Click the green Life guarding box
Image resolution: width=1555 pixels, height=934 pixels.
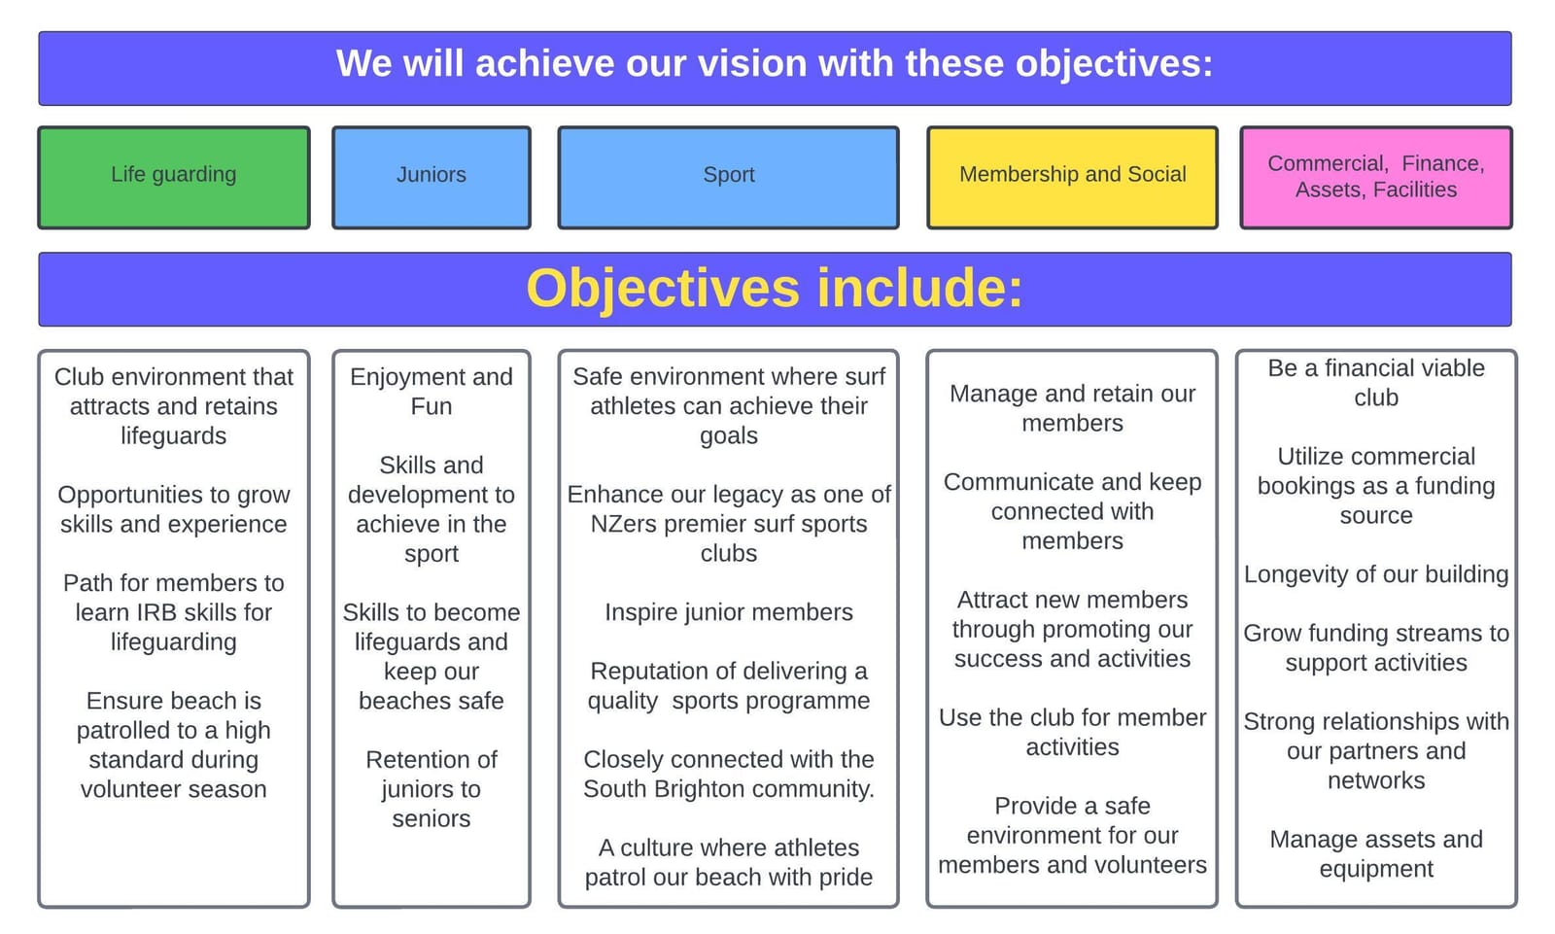click(174, 177)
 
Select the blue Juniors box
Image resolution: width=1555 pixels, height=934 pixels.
click(432, 177)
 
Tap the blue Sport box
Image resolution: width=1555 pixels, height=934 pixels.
click(728, 177)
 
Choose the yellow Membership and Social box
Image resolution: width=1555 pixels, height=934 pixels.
click(1073, 177)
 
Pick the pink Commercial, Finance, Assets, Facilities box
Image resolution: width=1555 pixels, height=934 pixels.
click(1376, 177)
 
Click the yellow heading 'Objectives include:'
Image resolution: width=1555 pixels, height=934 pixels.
click(775, 289)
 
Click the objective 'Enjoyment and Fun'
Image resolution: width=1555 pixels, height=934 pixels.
click(432, 391)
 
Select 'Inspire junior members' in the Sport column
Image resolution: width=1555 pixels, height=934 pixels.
click(728, 612)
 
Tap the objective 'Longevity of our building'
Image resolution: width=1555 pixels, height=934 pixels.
click(1376, 575)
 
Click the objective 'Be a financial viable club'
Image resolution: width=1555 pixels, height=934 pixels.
click(1376, 383)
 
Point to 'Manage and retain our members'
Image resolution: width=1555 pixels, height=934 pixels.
click(1073, 408)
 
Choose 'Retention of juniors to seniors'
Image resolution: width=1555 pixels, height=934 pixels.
click(432, 789)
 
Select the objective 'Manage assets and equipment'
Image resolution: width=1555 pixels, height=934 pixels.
click(1376, 854)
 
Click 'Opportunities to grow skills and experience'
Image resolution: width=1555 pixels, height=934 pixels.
click(174, 509)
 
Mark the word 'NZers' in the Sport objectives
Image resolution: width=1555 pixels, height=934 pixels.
click(623, 524)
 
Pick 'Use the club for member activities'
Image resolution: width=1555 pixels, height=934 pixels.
click(1073, 732)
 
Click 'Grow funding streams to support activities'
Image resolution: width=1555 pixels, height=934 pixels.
click(1376, 648)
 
